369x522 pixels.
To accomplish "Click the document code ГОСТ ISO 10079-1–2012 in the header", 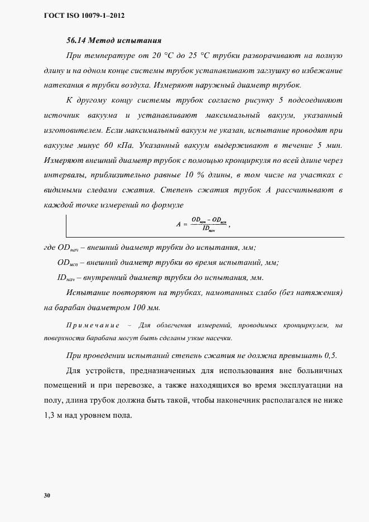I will click(83, 16).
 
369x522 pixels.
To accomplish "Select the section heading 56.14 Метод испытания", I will click(114, 41).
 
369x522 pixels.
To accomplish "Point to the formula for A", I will click(203, 224).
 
